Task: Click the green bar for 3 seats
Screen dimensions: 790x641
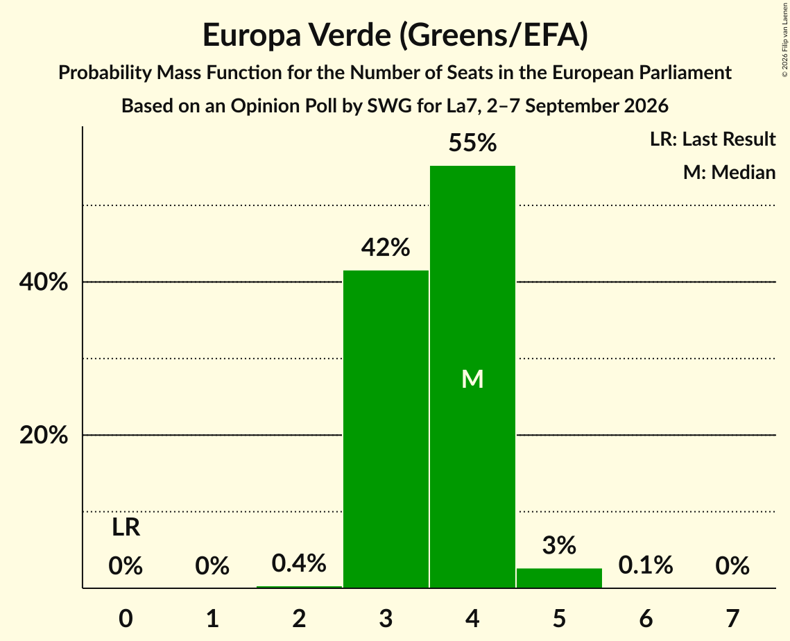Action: pos(386,429)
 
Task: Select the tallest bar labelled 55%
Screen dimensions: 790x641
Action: pos(472,377)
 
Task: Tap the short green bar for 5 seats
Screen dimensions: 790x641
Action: pos(559,578)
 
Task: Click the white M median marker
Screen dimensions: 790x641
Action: pos(472,379)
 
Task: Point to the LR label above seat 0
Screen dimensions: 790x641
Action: pos(126,527)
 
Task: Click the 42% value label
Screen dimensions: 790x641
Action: pos(386,248)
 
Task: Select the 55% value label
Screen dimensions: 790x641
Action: pos(472,143)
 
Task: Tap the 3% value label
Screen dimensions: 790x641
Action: pos(559,545)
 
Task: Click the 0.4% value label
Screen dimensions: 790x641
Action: pos(299,563)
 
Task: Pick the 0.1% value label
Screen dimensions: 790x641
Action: pos(646,565)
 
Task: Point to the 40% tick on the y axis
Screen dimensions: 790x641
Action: pos(43,282)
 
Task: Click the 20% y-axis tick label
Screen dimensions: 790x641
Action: pos(43,435)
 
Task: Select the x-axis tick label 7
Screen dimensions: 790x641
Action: pos(732,618)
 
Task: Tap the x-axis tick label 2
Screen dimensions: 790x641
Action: pos(299,618)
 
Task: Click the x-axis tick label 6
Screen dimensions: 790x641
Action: pos(646,618)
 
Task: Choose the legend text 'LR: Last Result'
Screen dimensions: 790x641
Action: pos(712,139)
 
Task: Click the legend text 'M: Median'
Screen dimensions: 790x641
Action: pos(729,172)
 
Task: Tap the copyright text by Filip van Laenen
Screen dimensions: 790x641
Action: pos(784,40)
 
